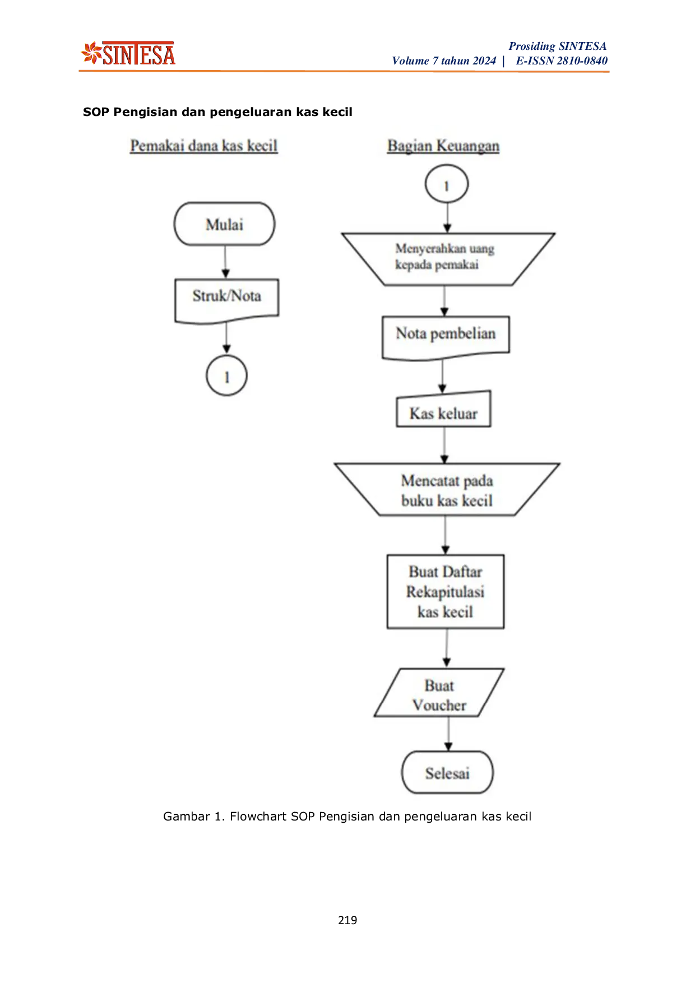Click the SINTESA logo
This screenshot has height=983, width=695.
tap(128, 54)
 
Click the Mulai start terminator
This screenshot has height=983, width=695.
tap(224, 224)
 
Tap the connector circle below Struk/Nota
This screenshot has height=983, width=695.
tap(226, 375)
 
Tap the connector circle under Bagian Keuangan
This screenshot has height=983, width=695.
tap(446, 185)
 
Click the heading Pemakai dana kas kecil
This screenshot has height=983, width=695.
tap(204, 146)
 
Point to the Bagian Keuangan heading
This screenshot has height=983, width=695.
tap(443, 146)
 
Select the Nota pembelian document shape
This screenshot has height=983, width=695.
tap(446, 336)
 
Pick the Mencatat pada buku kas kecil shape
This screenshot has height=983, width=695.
tap(447, 490)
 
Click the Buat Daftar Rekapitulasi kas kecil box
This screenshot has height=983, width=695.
tap(446, 592)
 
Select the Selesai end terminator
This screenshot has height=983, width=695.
tap(447, 773)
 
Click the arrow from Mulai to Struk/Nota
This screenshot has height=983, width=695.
tap(225, 262)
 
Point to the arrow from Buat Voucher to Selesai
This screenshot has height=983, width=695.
tap(448, 734)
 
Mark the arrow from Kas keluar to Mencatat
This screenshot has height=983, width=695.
tap(444, 446)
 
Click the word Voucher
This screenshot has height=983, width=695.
tap(439, 705)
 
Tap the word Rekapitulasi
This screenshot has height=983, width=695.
tap(446, 592)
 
